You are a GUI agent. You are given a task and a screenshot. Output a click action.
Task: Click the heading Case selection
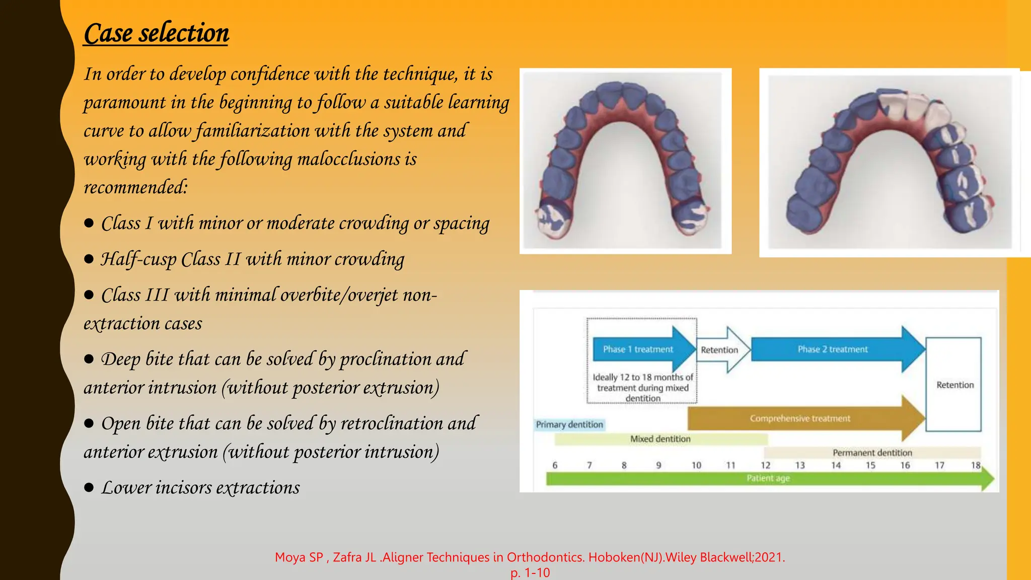tap(156, 33)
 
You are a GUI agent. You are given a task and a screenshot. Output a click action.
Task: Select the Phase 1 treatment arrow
tap(638, 349)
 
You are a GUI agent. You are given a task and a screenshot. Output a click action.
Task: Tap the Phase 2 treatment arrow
tap(833, 349)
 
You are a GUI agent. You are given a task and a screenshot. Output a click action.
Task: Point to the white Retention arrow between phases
tap(719, 350)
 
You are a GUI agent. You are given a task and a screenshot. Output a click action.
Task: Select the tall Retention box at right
tap(954, 385)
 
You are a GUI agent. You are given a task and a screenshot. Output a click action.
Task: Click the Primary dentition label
tap(569, 424)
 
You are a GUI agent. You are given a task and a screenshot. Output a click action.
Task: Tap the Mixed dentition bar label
tap(660, 439)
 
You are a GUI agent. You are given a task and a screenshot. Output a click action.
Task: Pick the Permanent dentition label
tap(872, 453)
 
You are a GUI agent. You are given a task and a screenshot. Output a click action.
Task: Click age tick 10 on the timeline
tap(696, 465)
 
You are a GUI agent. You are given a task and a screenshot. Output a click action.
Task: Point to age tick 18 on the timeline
tap(975, 465)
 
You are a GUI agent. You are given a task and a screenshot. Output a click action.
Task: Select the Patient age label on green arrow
tap(768, 478)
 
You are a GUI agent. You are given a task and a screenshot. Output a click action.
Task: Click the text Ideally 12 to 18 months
tap(642, 378)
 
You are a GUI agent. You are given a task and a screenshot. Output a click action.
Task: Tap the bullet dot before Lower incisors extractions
tap(89, 487)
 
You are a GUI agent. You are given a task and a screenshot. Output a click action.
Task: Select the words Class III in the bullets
tap(134, 295)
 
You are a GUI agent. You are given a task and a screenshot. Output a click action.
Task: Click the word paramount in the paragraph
tap(124, 102)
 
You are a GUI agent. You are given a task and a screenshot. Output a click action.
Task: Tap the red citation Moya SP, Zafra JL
tap(325, 557)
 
